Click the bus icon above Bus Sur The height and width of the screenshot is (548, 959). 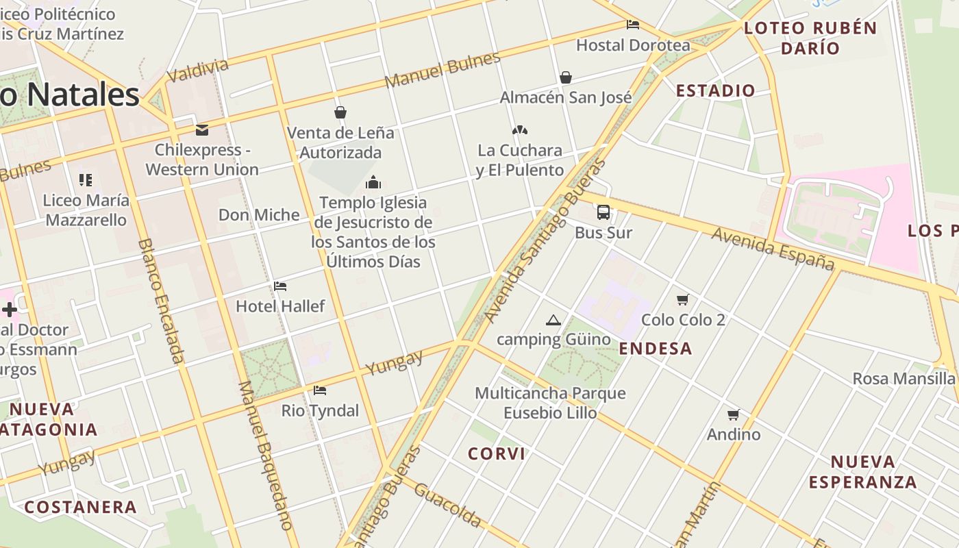[x=603, y=212]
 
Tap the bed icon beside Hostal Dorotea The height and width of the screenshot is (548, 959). [x=633, y=25]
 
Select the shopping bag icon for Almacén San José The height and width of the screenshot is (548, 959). [x=566, y=77]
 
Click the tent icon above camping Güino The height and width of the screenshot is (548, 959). [x=553, y=320]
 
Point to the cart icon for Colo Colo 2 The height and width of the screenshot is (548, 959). [x=682, y=299]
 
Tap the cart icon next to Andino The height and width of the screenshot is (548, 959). [x=734, y=414]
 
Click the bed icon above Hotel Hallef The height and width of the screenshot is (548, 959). [x=280, y=286]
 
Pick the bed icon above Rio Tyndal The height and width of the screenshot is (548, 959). [x=320, y=390]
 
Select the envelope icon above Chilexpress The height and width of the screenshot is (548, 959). [x=202, y=129]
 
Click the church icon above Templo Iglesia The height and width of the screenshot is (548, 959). [x=373, y=182]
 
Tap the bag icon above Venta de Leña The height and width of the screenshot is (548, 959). [x=340, y=112]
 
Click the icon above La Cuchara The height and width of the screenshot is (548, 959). [x=520, y=130]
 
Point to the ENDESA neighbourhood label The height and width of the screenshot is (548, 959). [x=656, y=349]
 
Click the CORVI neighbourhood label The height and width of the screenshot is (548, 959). [x=497, y=453]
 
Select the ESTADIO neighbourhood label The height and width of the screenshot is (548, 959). [x=715, y=90]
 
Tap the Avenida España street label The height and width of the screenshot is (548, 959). [x=773, y=249]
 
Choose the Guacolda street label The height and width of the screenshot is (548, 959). [x=447, y=506]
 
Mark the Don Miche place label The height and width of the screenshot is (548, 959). [x=259, y=215]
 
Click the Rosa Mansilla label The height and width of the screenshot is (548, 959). [x=904, y=378]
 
